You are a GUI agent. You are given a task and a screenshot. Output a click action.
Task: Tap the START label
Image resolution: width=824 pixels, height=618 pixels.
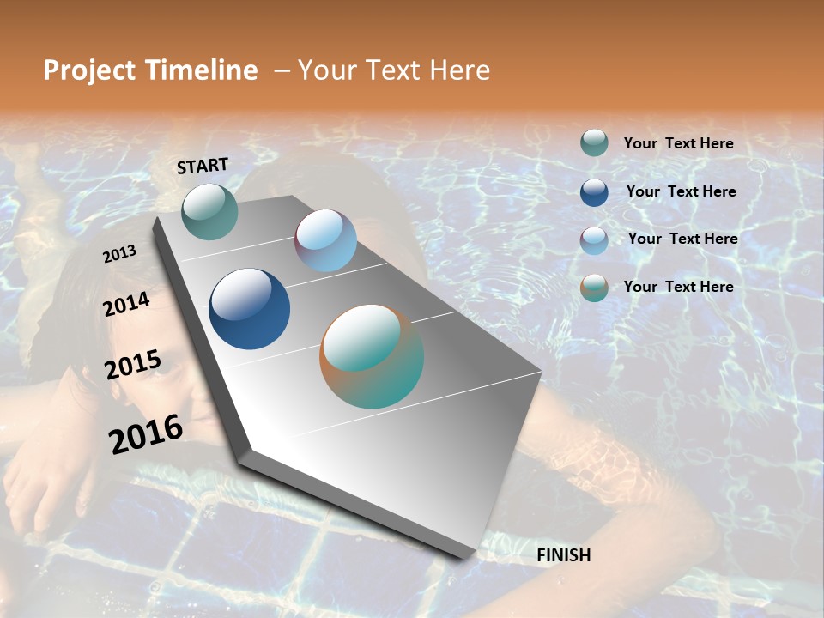tap(203, 166)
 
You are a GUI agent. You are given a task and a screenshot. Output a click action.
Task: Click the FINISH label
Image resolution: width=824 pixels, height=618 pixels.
tap(564, 555)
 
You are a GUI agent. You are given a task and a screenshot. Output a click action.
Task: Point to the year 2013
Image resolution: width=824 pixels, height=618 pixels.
tap(119, 254)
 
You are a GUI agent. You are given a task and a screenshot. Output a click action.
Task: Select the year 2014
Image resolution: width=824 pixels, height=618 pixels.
tap(127, 304)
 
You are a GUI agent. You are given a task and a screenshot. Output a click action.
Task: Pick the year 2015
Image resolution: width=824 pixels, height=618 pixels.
tap(133, 365)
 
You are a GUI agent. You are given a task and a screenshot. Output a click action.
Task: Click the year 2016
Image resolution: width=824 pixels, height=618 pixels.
tap(146, 433)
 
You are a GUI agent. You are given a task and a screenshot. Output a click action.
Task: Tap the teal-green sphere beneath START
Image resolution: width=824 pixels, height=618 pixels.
tap(209, 211)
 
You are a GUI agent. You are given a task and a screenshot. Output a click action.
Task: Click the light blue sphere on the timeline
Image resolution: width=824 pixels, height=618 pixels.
tap(325, 241)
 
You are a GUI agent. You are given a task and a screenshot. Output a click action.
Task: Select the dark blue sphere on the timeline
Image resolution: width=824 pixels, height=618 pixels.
tap(249, 309)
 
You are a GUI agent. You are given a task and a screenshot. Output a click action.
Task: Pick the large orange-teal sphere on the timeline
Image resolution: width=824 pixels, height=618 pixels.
tap(372, 356)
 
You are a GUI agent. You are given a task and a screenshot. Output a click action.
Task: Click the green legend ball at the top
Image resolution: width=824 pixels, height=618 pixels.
tap(594, 143)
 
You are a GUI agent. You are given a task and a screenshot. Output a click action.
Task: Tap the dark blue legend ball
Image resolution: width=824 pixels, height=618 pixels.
tap(594, 192)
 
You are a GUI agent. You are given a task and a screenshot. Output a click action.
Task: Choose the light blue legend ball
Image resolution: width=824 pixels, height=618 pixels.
tap(594, 240)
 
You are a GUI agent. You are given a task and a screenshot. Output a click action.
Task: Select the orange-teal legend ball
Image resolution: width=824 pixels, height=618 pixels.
tap(594, 288)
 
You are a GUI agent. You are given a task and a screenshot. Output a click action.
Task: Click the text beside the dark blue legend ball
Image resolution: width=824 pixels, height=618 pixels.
tap(682, 191)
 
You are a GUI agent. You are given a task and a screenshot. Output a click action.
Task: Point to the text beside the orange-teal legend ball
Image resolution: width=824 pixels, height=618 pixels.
tap(679, 287)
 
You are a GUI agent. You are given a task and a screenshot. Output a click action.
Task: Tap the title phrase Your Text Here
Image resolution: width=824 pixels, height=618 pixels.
tap(394, 70)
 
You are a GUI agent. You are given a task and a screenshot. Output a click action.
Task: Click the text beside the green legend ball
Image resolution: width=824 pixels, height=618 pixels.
tap(679, 143)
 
